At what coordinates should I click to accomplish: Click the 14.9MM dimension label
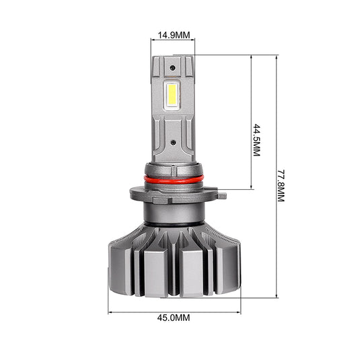(x=174, y=35)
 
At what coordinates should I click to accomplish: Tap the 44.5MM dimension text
(x=256, y=140)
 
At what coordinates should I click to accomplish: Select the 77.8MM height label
(x=281, y=186)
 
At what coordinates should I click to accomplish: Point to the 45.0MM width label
(x=174, y=318)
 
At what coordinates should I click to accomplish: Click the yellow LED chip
(x=172, y=94)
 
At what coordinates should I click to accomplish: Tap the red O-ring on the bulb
(x=174, y=179)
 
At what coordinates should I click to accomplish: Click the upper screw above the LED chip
(x=172, y=68)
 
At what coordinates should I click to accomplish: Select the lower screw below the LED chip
(x=174, y=143)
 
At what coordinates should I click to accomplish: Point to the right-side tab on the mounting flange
(x=222, y=196)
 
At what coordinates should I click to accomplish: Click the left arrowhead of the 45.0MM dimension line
(x=110, y=312)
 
